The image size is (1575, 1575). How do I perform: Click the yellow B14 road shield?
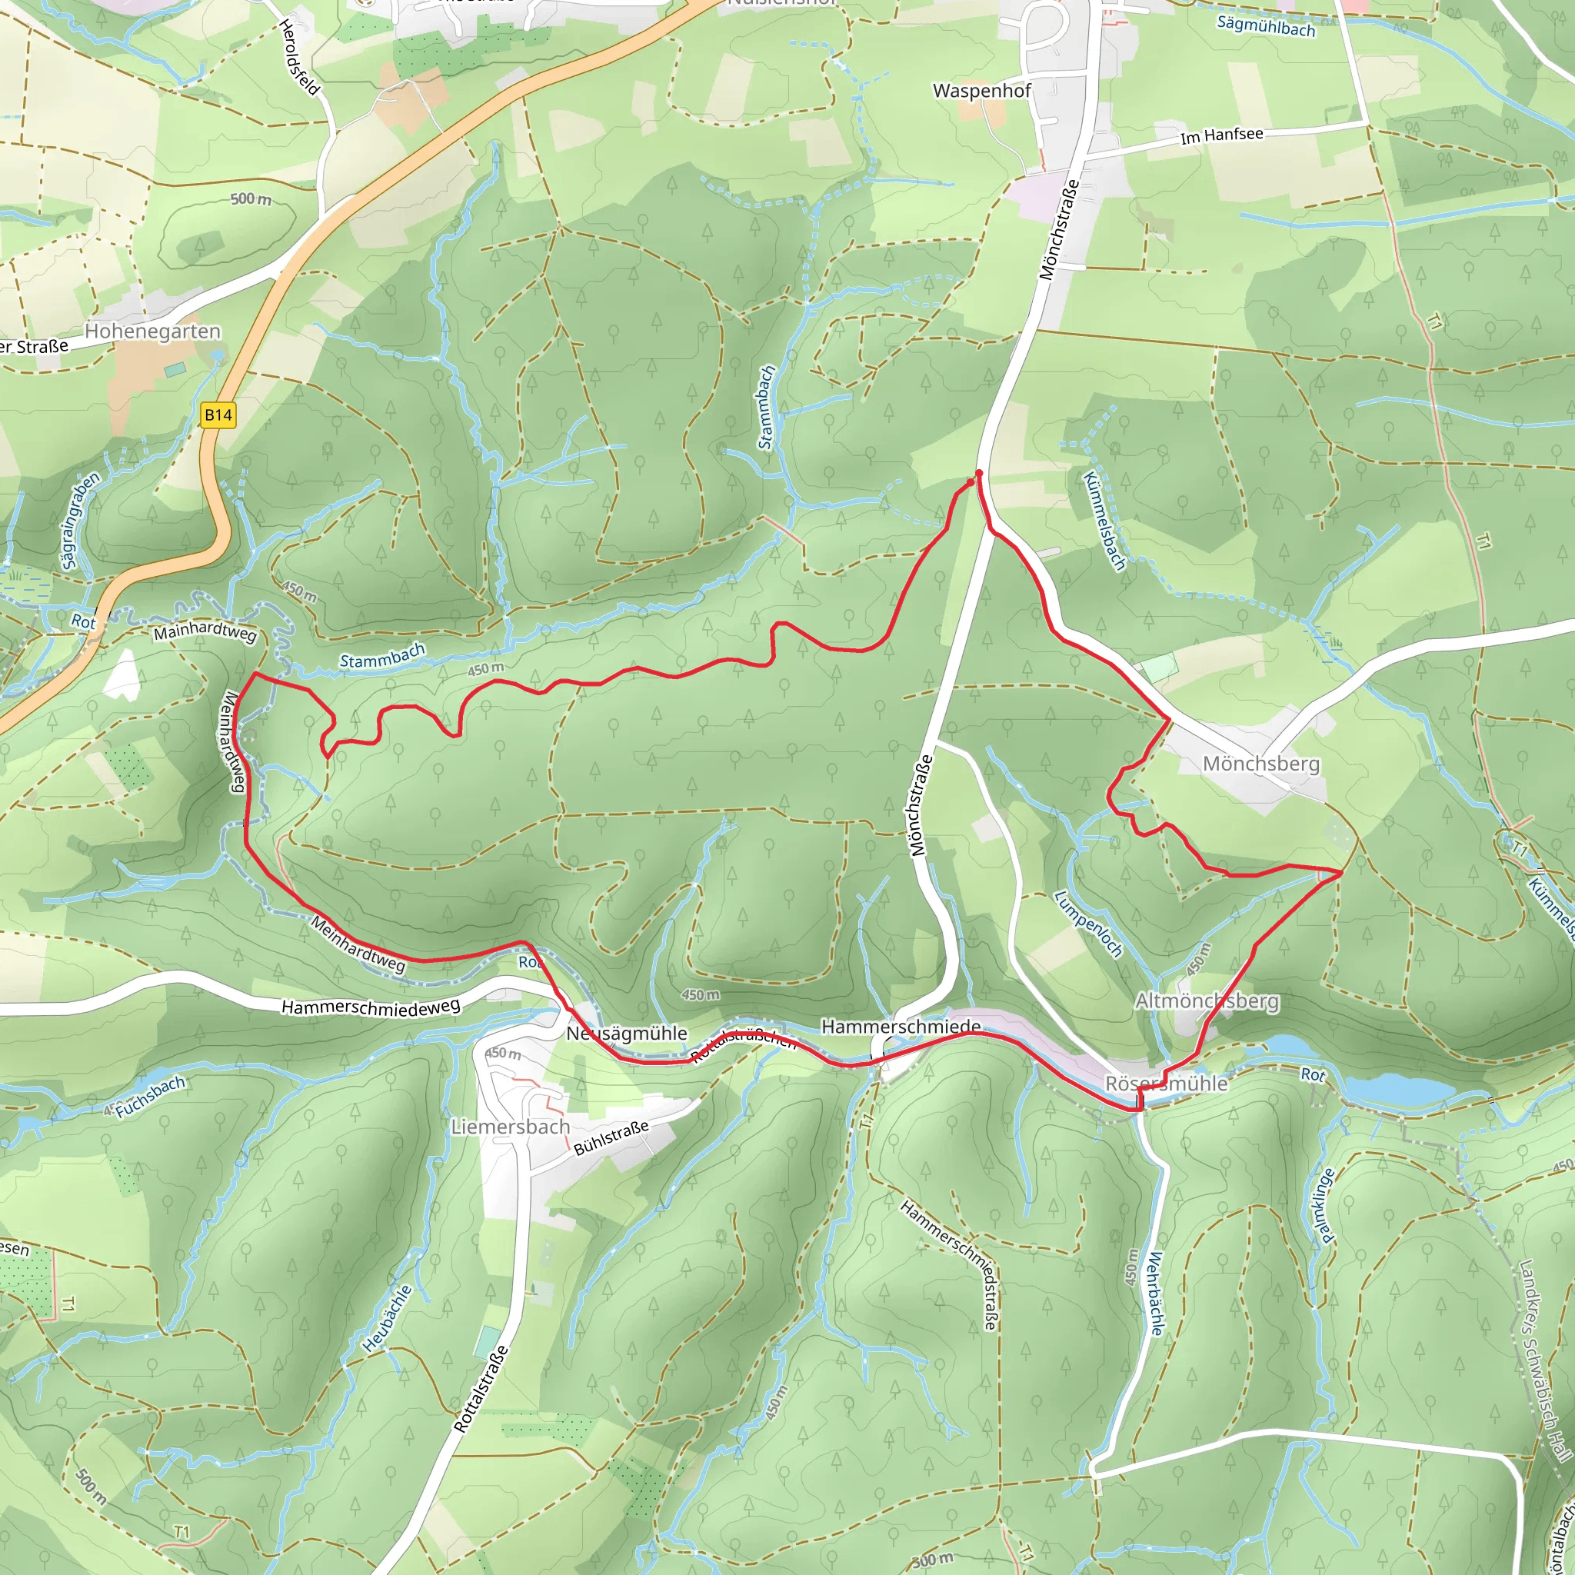tap(218, 415)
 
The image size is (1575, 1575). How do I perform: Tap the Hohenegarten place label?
tap(152, 331)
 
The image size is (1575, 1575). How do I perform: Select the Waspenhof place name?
tap(981, 91)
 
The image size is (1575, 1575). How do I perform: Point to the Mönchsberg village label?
tap(1260, 764)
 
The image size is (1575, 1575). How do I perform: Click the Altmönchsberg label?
tap(1207, 1001)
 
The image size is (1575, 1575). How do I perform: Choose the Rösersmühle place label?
tap(1166, 1084)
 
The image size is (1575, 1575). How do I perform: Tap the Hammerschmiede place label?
tap(900, 1027)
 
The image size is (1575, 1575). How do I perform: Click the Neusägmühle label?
tap(626, 1034)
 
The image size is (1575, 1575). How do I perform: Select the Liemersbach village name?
tap(511, 1127)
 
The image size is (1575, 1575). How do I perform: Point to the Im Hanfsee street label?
tap(1221, 135)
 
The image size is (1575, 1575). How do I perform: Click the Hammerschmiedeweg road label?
tap(370, 1007)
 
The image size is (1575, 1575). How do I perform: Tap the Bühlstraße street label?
tap(611, 1137)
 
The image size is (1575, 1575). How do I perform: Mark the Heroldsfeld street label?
tap(298, 57)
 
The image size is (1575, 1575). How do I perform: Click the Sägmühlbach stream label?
tap(1265, 26)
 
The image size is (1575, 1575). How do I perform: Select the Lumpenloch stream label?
tap(1088, 924)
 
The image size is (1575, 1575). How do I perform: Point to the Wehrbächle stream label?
tap(1155, 1294)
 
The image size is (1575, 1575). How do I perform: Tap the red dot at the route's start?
tap(978, 473)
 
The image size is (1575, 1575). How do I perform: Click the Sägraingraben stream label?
tap(80, 520)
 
